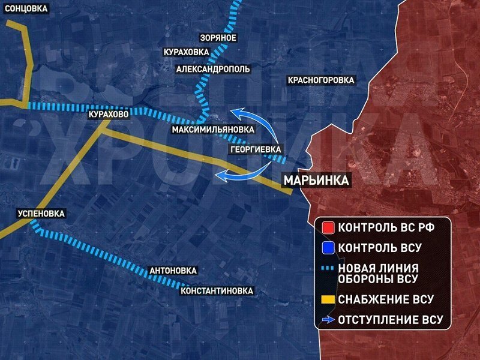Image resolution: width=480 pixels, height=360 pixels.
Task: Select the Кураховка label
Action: click(187, 52)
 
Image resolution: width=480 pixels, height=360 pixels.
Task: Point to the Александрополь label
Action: click(213, 69)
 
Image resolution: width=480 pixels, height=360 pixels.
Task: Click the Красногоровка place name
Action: click(321, 80)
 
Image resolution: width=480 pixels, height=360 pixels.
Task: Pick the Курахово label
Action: click(108, 114)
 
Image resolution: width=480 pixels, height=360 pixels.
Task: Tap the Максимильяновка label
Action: click(212, 130)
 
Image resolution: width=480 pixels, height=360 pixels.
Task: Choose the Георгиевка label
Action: click(256, 149)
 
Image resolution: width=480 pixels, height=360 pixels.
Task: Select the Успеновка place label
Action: click(41, 213)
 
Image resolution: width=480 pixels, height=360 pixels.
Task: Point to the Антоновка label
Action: click(173, 271)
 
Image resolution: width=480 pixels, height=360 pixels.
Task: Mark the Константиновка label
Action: click(217, 291)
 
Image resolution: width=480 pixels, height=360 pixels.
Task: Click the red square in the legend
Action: click(328, 229)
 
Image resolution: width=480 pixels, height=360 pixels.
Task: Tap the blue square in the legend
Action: click(328, 247)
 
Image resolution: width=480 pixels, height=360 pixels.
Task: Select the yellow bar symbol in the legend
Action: click(328, 299)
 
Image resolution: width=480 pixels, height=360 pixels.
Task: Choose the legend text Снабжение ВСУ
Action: click(385, 299)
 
